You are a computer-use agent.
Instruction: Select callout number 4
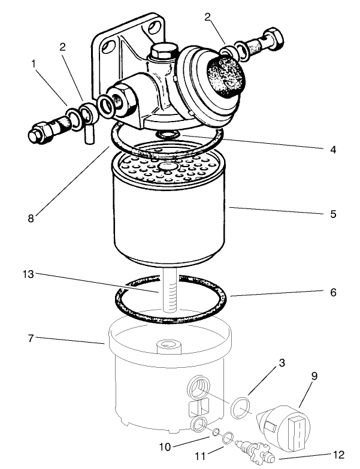[x=332, y=150]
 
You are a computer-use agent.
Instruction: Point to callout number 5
[x=332, y=213]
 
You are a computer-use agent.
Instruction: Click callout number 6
[x=333, y=293]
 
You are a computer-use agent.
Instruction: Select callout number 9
[x=314, y=376]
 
